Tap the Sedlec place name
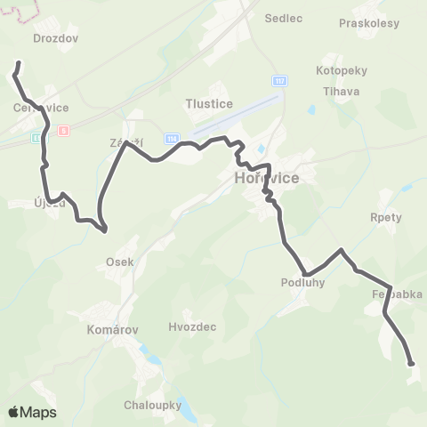tap(285, 17)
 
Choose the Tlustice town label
tap(210, 104)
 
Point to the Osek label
tap(119, 262)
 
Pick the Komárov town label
tap(113, 329)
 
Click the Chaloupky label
tap(153, 405)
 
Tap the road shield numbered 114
tap(172, 139)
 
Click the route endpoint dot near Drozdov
tap(19, 64)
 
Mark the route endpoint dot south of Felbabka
tap(410, 363)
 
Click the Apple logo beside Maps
tap(14, 412)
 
